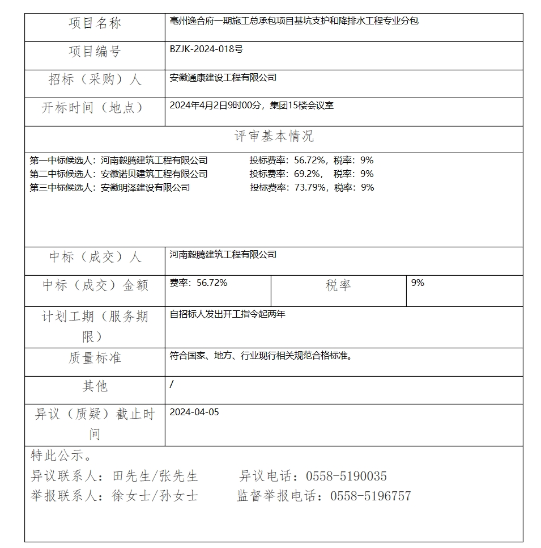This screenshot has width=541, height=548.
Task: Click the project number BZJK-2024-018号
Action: tap(206, 49)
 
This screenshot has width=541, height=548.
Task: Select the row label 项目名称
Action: tap(95, 23)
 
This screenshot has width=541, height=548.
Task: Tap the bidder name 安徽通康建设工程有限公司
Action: tap(223, 78)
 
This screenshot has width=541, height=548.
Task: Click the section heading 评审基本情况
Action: tap(274, 136)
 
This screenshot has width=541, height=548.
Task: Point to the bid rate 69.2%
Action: tap(309, 174)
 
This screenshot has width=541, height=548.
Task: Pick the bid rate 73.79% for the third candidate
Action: tap(311, 188)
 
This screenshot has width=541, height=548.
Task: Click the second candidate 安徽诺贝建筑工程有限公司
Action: tap(154, 174)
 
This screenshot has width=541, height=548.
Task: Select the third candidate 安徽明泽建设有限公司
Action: tap(145, 188)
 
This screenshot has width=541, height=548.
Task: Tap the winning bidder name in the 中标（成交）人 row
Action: tap(223, 255)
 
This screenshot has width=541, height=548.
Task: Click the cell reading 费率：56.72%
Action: tap(198, 283)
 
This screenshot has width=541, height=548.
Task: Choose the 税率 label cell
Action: tap(338, 285)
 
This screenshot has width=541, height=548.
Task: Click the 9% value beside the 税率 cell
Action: tap(418, 283)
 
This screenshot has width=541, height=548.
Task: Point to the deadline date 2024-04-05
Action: tap(194, 412)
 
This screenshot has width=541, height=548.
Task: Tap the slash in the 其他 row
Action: tap(172, 385)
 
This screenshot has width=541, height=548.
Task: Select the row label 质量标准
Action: tap(95, 358)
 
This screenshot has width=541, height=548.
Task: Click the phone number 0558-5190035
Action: tap(346, 476)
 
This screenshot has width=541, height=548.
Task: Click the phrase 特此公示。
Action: tap(61, 456)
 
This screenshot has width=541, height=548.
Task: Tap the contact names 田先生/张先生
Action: tap(155, 476)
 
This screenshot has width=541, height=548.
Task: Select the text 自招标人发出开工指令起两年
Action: tap(227, 314)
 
